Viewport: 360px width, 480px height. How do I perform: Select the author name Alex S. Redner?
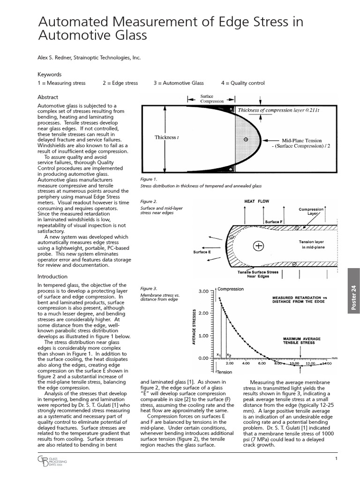pos(58,58)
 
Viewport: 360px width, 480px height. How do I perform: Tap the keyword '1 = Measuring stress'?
pos(61,83)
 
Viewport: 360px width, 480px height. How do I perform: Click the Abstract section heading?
pos(48,97)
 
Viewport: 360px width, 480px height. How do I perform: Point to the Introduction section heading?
pos(52,277)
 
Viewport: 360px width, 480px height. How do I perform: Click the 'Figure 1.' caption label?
pos(149,179)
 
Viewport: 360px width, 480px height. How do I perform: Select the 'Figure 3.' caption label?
pos(149,288)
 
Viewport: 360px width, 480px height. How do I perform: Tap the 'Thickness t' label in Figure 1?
pos(166,137)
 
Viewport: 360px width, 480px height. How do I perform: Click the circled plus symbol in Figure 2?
pos(258,245)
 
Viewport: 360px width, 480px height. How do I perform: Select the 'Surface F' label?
pos(273,221)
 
